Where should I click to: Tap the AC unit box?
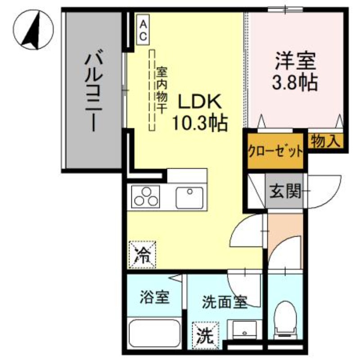143,30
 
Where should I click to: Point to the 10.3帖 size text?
199,122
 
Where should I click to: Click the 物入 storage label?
325,141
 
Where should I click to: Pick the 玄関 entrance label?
285,192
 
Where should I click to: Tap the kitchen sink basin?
189,198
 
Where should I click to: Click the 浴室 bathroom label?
154,297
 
